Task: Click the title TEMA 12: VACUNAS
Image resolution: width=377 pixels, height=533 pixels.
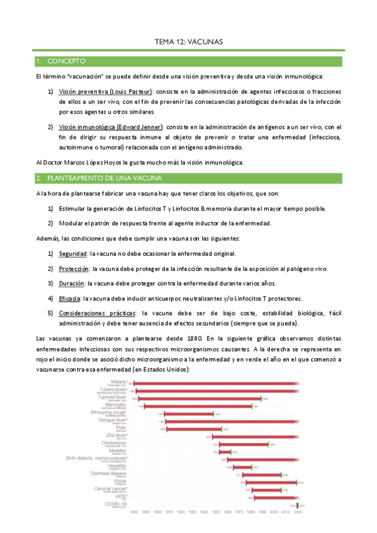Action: coord(189,42)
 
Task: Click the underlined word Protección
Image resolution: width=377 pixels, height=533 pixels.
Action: coord(75,268)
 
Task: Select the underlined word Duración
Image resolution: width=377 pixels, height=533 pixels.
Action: coord(72,283)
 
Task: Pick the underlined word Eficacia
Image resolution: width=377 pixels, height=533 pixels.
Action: coord(70,298)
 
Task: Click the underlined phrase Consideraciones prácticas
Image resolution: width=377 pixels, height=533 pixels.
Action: coord(96,313)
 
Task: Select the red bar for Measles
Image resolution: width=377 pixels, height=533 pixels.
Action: coord(225,451)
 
